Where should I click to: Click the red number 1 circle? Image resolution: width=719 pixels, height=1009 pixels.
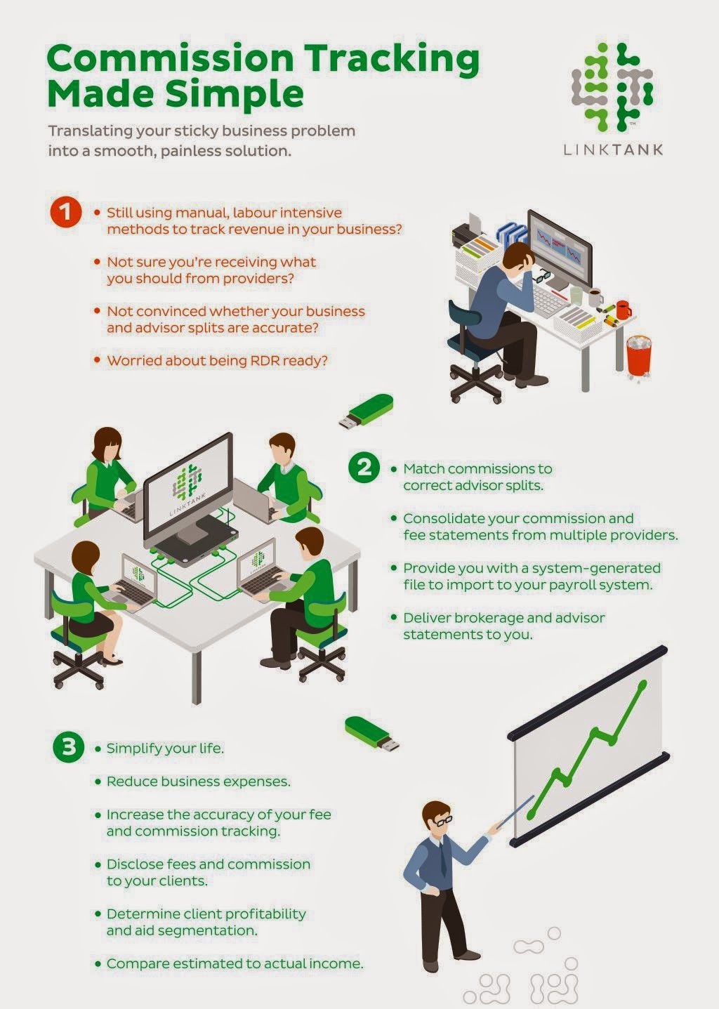[66, 212]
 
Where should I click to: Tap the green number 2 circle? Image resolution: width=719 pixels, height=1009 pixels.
[364, 468]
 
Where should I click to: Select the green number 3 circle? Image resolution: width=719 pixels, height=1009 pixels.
[69, 747]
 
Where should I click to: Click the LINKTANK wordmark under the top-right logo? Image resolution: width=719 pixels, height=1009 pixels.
[613, 150]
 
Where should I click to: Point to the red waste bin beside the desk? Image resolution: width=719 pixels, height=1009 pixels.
[639, 356]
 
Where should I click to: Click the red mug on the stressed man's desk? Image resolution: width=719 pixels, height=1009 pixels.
[623, 310]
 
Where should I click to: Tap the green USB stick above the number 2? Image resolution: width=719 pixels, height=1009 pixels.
[367, 410]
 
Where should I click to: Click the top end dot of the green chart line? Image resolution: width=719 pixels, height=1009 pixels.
[643, 684]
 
